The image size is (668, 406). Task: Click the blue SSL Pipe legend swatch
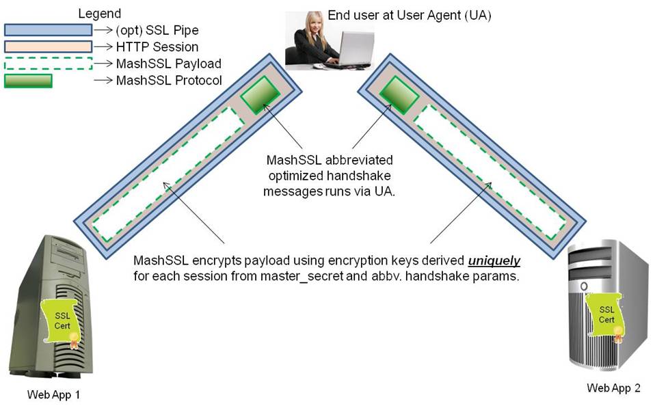pos(48,30)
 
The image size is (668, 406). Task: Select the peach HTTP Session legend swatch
pos(48,47)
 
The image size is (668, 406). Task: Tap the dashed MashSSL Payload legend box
pos(48,64)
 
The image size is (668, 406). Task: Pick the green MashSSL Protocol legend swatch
pos(29,81)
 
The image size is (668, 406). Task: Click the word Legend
pos(100,14)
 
